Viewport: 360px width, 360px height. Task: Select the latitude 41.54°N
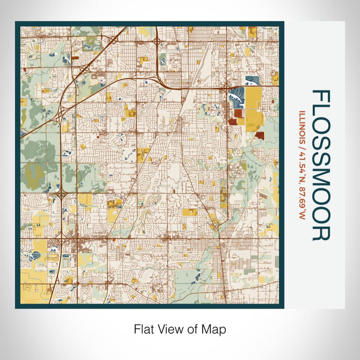(x=303, y=165)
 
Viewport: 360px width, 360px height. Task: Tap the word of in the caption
(x=193, y=328)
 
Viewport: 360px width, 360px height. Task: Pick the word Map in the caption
(x=214, y=328)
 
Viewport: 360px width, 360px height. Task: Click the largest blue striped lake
(x=238, y=95)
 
